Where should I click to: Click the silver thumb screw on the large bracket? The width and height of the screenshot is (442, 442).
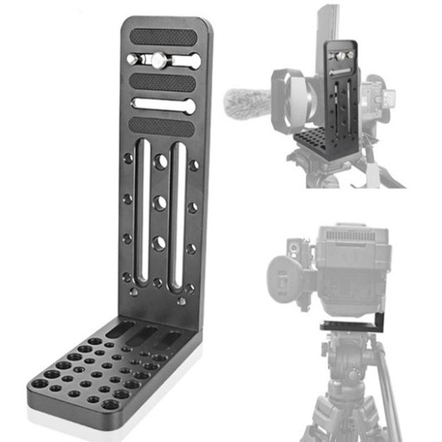[x=155, y=60]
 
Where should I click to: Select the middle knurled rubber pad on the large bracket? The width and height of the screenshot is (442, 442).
[x=163, y=83]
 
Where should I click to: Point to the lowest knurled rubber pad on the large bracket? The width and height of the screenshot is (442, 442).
[x=162, y=127]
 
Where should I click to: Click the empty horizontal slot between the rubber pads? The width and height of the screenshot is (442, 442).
[x=163, y=105]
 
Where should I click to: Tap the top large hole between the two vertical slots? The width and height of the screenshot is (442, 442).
[x=159, y=162]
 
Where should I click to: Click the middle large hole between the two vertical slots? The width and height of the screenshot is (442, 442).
[x=159, y=202]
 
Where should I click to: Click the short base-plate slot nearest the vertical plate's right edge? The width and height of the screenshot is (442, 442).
[x=171, y=340]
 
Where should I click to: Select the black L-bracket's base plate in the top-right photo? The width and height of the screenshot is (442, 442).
[x=320, y=140]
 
